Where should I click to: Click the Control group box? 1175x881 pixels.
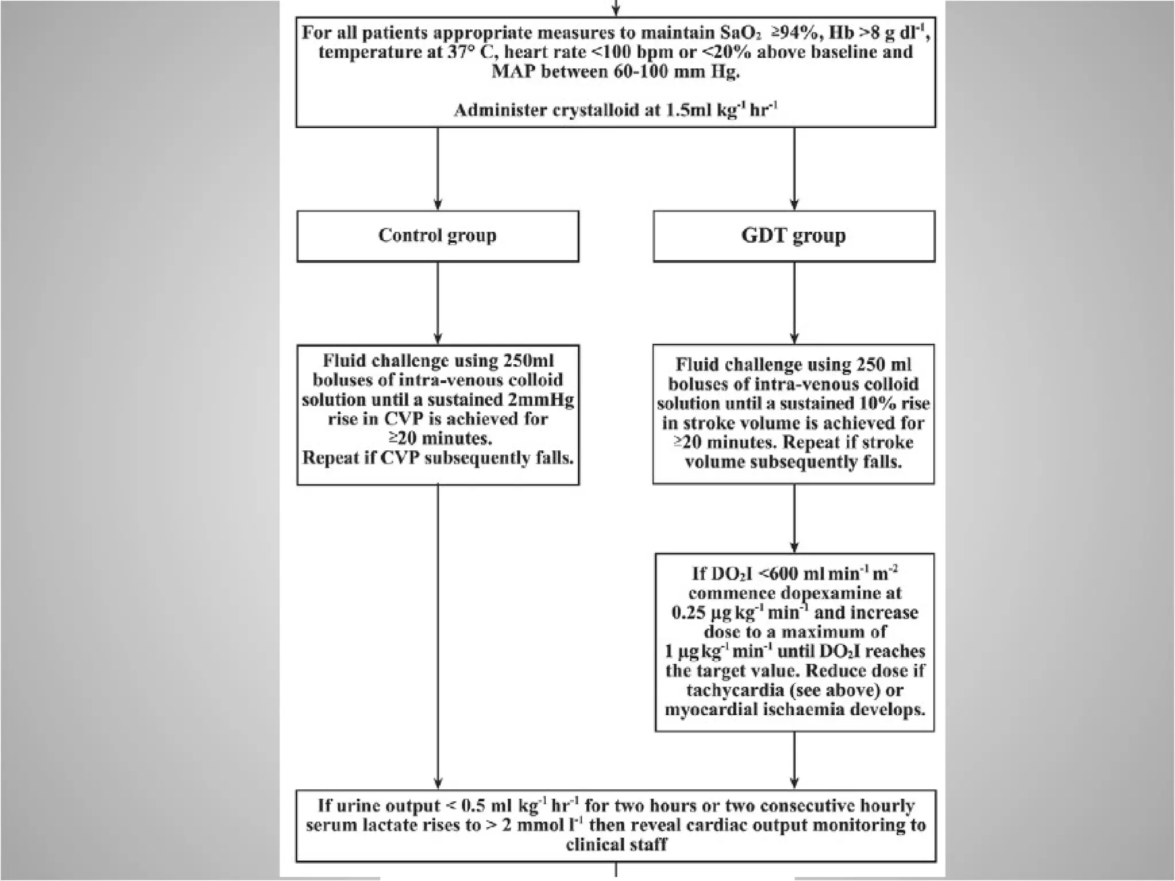point(437,236)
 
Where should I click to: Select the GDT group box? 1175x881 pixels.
point(793,236)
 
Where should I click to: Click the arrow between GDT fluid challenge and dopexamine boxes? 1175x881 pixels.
point(794,519)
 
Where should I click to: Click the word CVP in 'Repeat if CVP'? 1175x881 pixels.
point(400,458)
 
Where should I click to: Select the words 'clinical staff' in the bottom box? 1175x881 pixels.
point(616,845)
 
